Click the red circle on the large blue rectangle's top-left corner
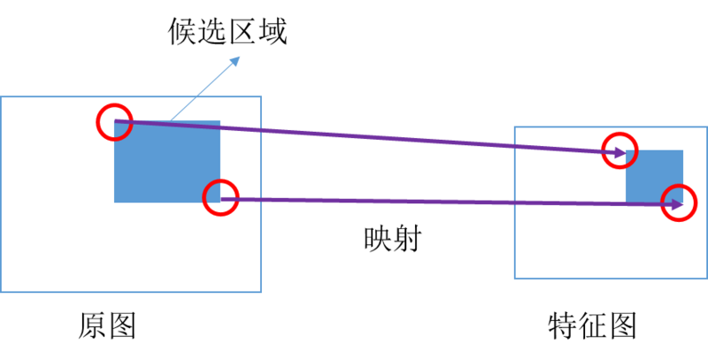click(114, 123)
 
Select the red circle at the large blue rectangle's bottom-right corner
click(220, 197)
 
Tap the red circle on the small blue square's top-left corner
click(619, 149)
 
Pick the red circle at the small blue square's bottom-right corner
click(680, 203)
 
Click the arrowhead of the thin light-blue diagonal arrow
click(237, 58)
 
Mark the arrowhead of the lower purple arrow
click(679, 205)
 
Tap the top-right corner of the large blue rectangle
click(219, 121)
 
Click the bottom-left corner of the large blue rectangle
click(115, 202)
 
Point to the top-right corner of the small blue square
click(683, 150)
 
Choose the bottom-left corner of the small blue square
click(627, 203)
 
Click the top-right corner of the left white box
click(261, 97)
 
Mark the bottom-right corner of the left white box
click(261, 291)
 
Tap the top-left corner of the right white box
click(514, 126)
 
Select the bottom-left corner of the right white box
click(514, 279)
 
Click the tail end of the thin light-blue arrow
click(170, 121)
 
